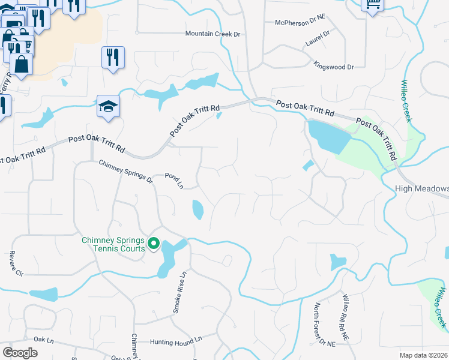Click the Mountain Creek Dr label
(x=212, y=34)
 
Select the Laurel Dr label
(x=318, y=39)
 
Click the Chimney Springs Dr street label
(x=125, y=170)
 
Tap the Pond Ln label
(x=173, y=181)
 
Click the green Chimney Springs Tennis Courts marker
(x=153, y=244)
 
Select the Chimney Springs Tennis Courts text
(x=113, y=244)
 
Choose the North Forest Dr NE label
(x=319, y=325)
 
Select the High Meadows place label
(x=422, y=188)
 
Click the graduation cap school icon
(x=108, y=107)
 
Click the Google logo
(x=20, y=353)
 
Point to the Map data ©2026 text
(x=424, y=355)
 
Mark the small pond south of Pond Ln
(x=198, y=209)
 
